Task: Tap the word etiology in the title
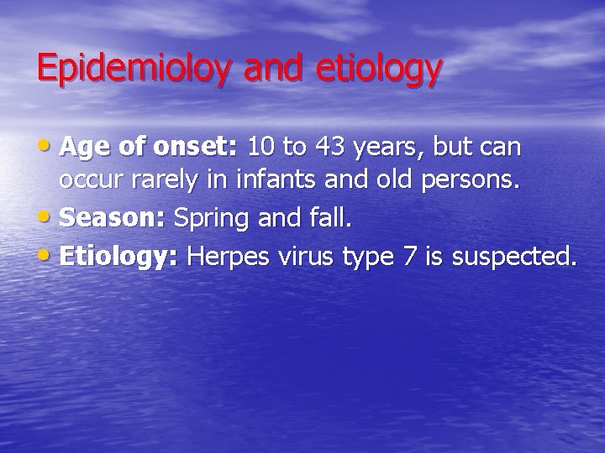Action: pos(378,69)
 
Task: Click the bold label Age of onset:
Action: pos(150,148)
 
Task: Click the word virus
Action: pos(308,257)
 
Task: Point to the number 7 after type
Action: pos(409,257)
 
